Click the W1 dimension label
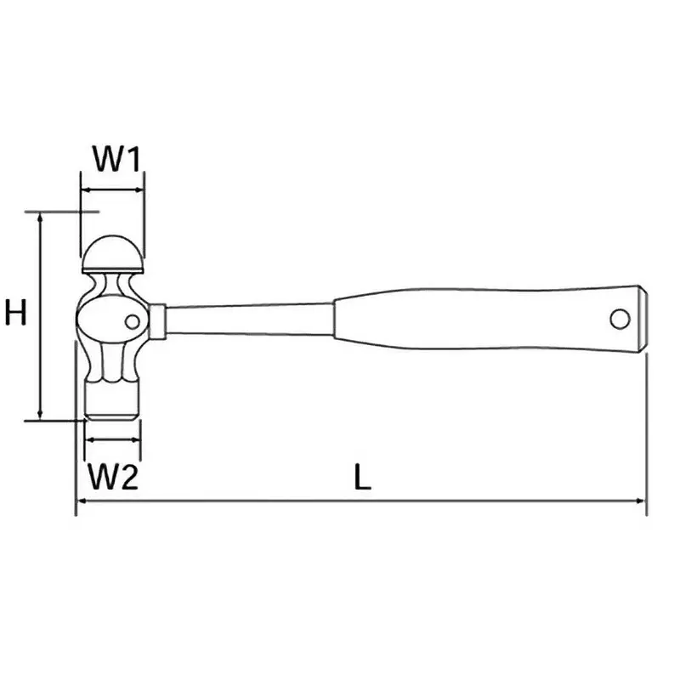pos(116,159)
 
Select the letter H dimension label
pos(15,312)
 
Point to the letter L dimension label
pos(362,477)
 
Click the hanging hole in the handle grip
pos(620,320)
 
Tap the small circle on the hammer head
pos(133,322)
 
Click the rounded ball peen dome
pos(112,253)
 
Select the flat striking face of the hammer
pos(112,399)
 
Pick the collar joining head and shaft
pos(157,322)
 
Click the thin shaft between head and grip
pos(249,320)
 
